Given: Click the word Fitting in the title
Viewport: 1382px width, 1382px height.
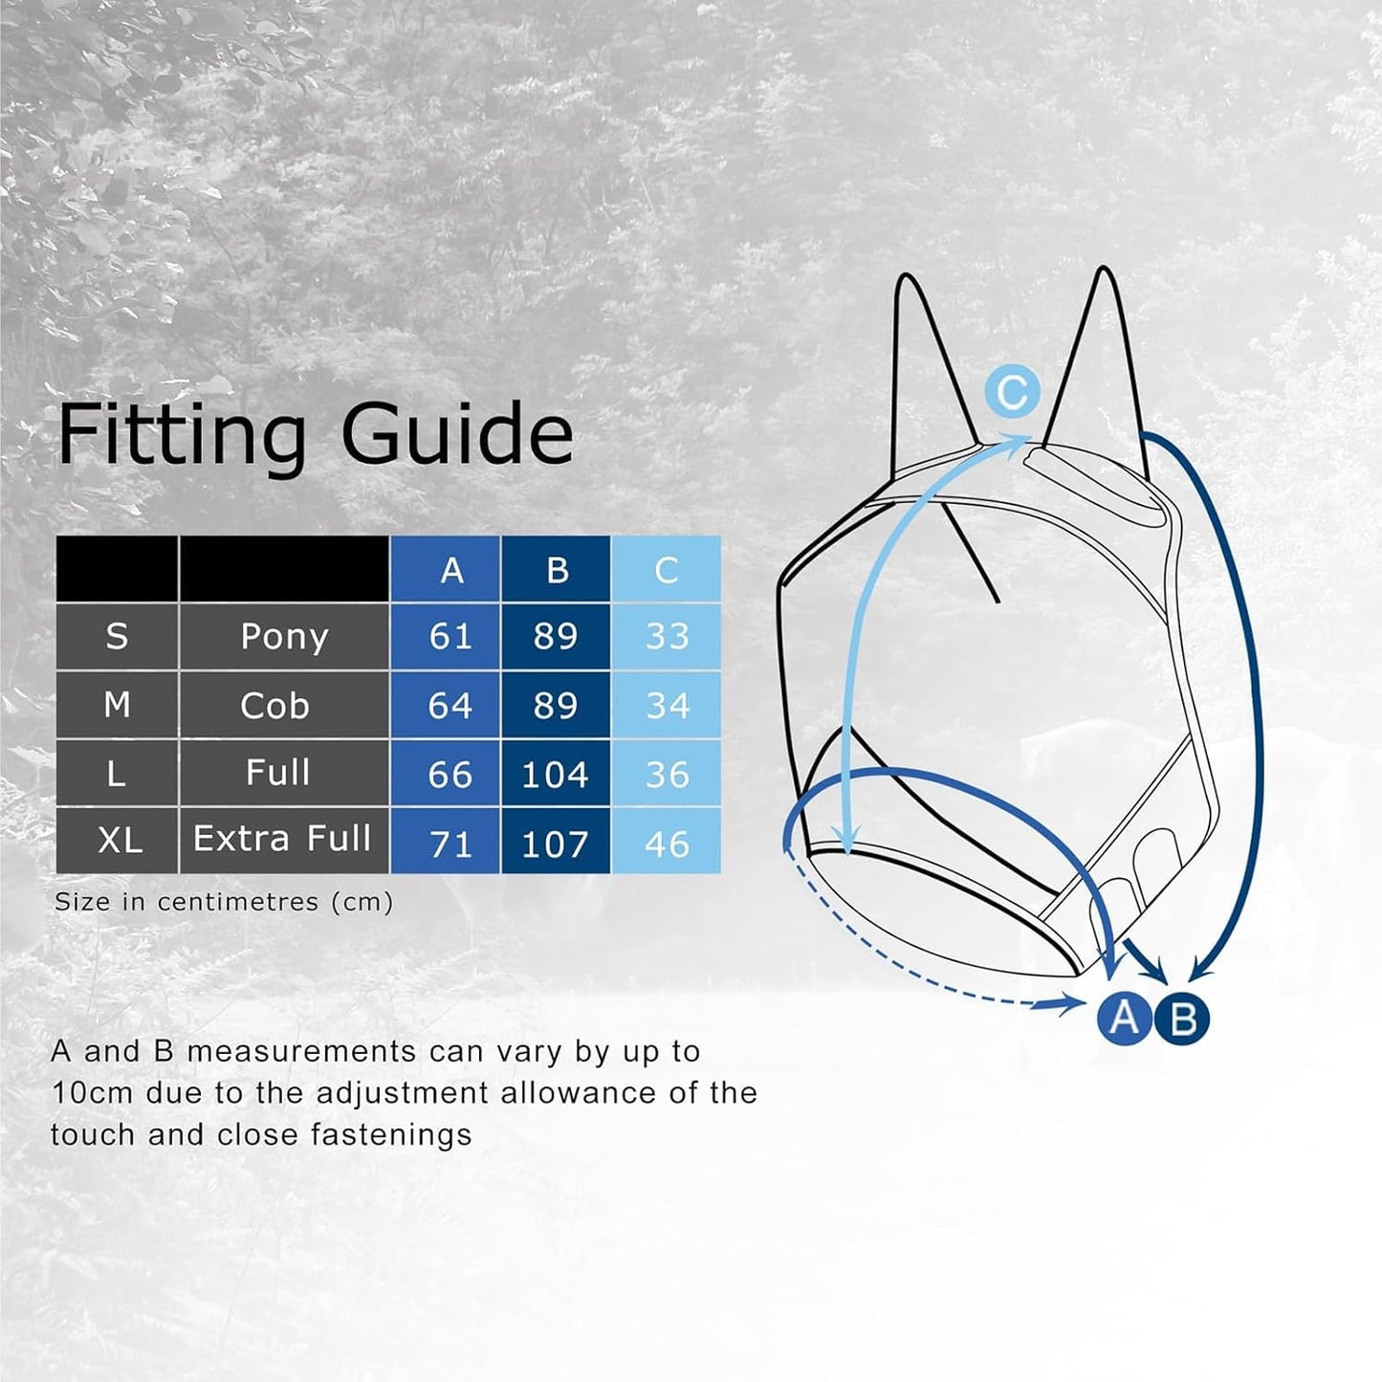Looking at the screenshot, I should coord(182,435).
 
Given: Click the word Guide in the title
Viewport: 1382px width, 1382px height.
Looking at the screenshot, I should coord(456,435).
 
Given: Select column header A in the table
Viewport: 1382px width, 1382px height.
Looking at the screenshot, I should coord(451,570).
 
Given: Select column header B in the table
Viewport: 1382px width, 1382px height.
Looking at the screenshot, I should coord(557,570).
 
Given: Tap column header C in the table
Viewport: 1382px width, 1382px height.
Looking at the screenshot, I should coord(667,570).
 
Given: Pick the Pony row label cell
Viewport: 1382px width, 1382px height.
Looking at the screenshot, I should coord(284,637).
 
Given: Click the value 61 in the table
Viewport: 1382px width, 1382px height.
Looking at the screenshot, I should coord(450,637).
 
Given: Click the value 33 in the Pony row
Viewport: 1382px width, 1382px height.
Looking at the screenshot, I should coord(667,637).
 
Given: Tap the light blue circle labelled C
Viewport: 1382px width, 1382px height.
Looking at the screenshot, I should coord(1012,392).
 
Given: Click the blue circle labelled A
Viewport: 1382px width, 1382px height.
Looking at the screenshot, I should coord(1125,1018).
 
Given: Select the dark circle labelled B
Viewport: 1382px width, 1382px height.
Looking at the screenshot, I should coord(1182,1020).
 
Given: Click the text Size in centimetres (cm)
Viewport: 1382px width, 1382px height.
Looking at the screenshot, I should coord(224,902).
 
